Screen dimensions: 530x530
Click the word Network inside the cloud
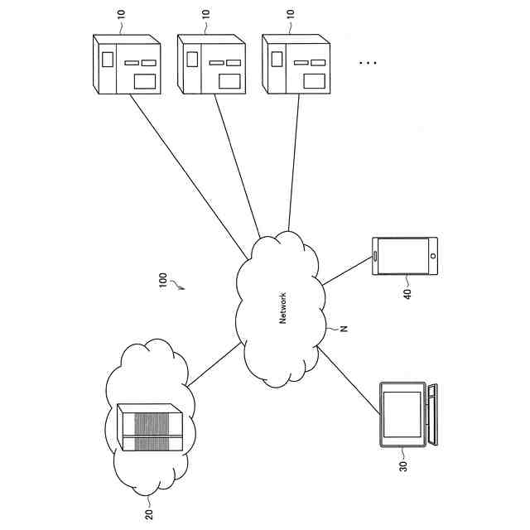282,307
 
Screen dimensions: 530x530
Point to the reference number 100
162,278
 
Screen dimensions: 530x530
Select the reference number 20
149,513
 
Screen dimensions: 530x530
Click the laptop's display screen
402,413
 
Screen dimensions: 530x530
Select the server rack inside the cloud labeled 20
149,427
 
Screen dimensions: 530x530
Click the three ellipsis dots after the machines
368,63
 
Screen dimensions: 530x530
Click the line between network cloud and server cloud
215,365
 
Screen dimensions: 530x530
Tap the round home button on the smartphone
431,255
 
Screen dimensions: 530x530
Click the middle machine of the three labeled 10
211,64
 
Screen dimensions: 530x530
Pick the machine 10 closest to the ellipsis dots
296,64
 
